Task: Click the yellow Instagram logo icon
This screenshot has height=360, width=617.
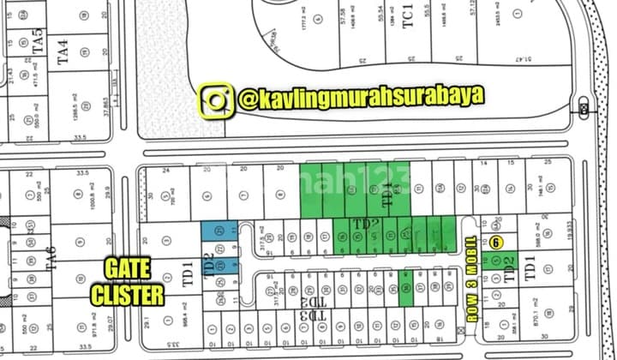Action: pos(218,99)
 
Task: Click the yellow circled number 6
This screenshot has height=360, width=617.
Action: pos(496,243)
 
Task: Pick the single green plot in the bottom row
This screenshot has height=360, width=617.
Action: pos(407,282)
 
